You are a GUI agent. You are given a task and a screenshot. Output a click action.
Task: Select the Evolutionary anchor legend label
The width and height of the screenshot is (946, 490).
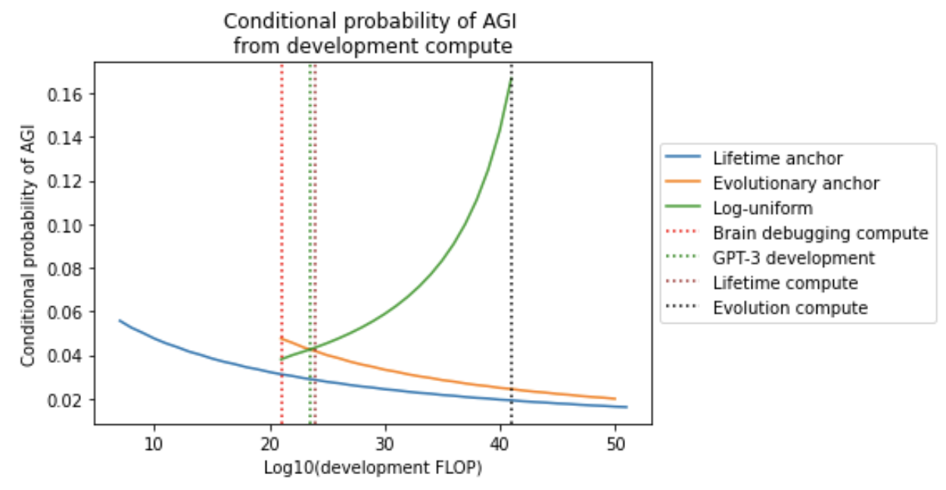[x=795, y=183]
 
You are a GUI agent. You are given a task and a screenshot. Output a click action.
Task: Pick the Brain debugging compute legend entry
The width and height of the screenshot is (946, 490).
[x=820, y=233]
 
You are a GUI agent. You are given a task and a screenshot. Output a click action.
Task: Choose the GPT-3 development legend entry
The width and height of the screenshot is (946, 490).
[x=793, y=258]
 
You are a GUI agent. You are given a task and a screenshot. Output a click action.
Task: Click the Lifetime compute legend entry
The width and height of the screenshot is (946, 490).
[x=785, y=283]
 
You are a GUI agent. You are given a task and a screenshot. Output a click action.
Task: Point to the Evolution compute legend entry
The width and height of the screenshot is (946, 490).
[x=789, y=308]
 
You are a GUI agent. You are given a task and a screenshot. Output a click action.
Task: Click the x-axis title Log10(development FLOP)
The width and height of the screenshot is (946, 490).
[x=372, y=468]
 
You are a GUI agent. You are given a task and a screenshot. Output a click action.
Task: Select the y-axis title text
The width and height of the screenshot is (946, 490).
[x=29, y=247]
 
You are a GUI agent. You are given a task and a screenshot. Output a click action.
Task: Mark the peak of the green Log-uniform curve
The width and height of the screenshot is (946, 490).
[x=511, y=79]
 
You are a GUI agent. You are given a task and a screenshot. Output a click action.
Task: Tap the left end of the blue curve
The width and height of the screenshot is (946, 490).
[x=120, y=321]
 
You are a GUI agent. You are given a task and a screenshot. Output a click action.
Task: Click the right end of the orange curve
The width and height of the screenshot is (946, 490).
[x=615, y=399]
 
